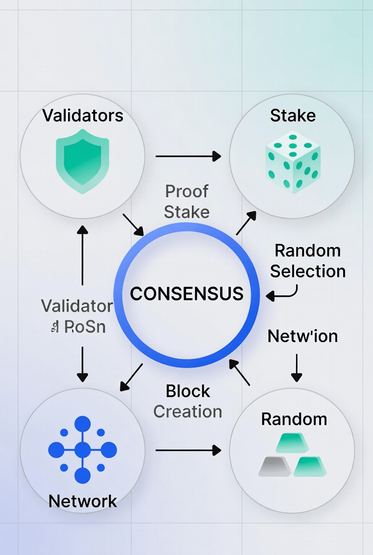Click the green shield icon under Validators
pos(82,164)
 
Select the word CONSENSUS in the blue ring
pos(186,294)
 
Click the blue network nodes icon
pos(82,450)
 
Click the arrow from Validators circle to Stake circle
pos(188,156)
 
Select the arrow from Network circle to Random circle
pos(188,450)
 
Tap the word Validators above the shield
pos(82,115)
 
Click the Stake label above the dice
pos(293,115)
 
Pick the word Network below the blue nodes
pos(83,501)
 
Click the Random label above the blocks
pos(294,419)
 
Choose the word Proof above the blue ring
pos(186,191)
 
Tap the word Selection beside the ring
pos(308,271)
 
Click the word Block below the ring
pos(188,391)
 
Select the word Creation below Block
pos(188,411)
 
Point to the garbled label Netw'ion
pos(303,336)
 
